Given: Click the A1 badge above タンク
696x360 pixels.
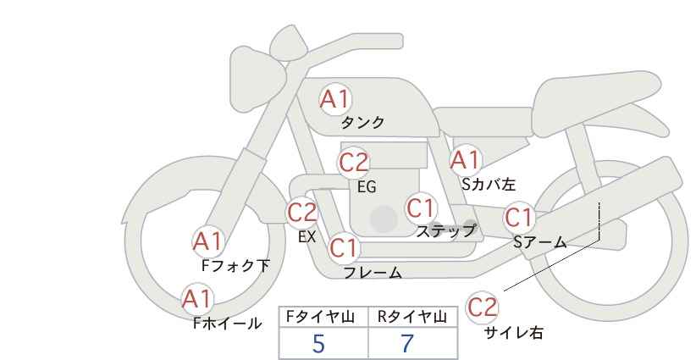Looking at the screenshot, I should click(334, 99).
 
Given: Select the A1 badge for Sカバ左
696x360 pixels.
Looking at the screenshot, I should click(465, 158).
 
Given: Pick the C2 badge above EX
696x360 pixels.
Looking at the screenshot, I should click(302, 211).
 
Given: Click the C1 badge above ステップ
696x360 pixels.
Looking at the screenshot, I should click(420, 208).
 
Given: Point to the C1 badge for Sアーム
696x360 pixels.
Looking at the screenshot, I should click(519, 218).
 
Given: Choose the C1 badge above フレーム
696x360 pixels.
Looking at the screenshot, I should click(344, 248).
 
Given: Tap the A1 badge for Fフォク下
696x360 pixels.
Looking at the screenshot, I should click(207, 241).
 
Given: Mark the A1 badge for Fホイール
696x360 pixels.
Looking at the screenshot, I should click(197, 298).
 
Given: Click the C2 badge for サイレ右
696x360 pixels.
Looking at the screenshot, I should click(483, 306).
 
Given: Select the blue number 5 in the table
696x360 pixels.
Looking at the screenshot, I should click(318, 344).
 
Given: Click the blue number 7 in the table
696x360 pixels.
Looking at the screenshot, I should click(407, 344).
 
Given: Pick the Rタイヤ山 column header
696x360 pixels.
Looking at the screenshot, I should click(412, 317).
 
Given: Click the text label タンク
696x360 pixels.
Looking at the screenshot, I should click(362, 123).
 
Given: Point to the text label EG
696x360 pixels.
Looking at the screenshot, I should click(367, 187).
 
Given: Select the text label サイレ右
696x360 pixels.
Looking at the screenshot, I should click(514, 333).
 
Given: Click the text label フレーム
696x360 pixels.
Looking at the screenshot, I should click(373, 273).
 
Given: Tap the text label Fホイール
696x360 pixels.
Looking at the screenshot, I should click(228, 323).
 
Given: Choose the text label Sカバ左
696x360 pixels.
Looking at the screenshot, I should click(489, 183).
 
